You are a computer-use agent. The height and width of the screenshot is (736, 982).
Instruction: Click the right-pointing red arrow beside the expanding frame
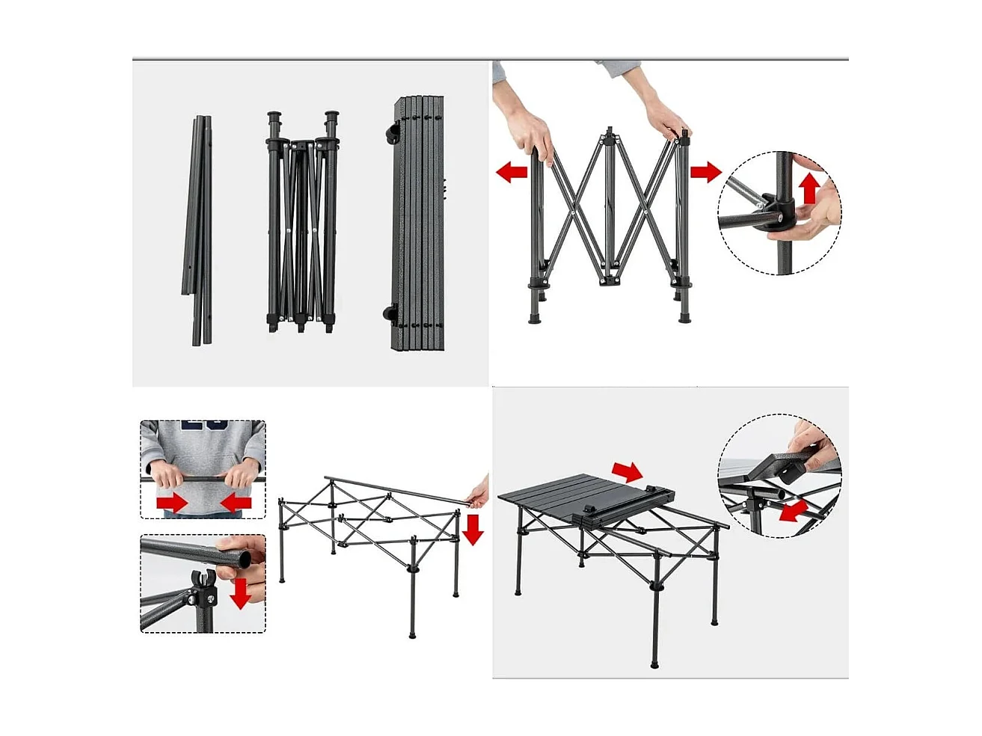click(x=705, y=173)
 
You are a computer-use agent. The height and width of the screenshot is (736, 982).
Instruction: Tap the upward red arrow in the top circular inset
click(x=809, y=188)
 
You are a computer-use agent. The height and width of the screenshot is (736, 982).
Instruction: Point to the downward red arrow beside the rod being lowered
click(x=473, y=529)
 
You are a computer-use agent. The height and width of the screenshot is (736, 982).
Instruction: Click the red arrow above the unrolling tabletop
click(x=627, y=471)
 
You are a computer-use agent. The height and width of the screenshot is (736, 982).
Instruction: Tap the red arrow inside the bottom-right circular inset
click(x=794, y=512)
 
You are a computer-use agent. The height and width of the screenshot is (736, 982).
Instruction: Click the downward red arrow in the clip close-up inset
click(x=240, y=592)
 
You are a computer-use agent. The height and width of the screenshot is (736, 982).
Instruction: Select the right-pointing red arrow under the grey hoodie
click(x=172, y=503)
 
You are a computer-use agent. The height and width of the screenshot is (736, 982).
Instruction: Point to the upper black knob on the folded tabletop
click(x=390, y=135)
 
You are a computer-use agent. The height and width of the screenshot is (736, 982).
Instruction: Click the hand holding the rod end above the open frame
click(x=479, y=494)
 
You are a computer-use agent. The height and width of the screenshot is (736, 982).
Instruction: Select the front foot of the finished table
click(x=654, y=664)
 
